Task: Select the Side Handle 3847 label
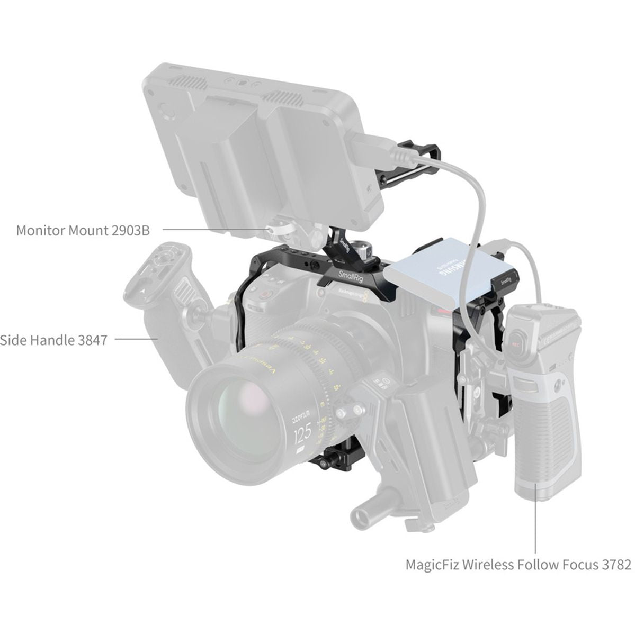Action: (53, 340)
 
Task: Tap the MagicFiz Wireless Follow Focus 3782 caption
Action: (518, 564)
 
